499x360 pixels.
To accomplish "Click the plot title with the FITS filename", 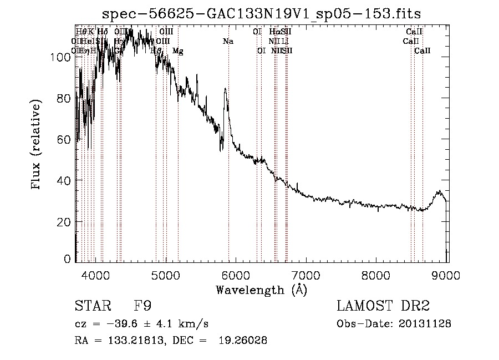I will pos(266,13).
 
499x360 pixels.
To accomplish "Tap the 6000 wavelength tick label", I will pos(236,275).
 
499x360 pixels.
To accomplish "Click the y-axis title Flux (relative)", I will pos(37,145).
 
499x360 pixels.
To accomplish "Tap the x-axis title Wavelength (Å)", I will pos(261,290).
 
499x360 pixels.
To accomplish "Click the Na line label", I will pos(228,42).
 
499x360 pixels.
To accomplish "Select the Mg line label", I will pos(178,51).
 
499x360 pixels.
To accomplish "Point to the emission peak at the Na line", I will pos(225,89).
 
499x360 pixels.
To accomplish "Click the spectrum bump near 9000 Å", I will pos(440,192).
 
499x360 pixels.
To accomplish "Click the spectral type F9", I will pos(142,306).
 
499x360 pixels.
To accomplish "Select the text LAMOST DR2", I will pos(383,306).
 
